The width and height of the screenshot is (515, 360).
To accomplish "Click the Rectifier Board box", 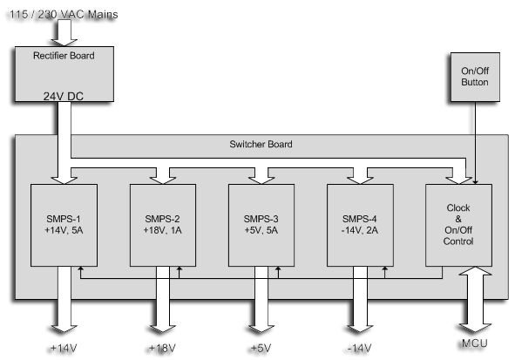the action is [64, 74].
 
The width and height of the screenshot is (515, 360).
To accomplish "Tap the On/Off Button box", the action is [475, 77].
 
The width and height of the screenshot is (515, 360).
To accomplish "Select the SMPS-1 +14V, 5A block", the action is [64, 225].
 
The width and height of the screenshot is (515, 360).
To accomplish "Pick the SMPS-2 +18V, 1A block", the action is [163, 225].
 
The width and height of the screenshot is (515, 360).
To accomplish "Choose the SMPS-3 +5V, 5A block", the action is [261, 225].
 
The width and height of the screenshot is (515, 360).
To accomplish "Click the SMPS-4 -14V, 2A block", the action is [360, 225].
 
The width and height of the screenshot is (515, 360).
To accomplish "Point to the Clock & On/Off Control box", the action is [458, 225].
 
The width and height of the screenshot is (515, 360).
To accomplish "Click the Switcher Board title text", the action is [261, 144].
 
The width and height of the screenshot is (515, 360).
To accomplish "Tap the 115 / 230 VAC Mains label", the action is [64, 15].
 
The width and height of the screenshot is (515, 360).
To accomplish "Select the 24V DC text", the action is [64, 96].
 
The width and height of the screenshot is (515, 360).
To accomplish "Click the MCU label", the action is [475, 343].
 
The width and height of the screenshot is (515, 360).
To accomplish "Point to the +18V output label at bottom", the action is [162, 348].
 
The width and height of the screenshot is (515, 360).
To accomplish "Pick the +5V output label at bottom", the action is [261, 348].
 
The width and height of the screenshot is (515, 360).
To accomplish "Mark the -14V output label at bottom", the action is [360, 348].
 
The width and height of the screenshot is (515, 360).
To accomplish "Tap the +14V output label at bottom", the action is [64, 348].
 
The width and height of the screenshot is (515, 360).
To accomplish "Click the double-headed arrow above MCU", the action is [475, 300].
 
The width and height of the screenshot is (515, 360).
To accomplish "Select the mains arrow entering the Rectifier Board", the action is [64, 32].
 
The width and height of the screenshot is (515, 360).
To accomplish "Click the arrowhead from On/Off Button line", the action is [475, 181].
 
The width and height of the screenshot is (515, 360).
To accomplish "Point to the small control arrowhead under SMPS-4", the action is [385, 268].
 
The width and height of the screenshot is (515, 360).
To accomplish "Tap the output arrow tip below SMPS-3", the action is [261, 332].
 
